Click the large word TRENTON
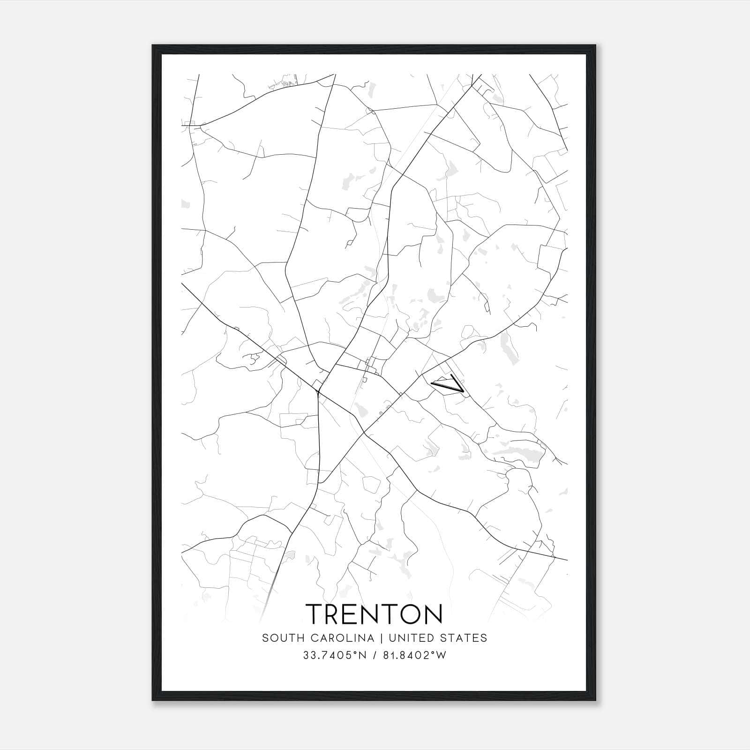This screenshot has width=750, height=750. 375,614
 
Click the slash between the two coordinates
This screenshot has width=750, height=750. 375,656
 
